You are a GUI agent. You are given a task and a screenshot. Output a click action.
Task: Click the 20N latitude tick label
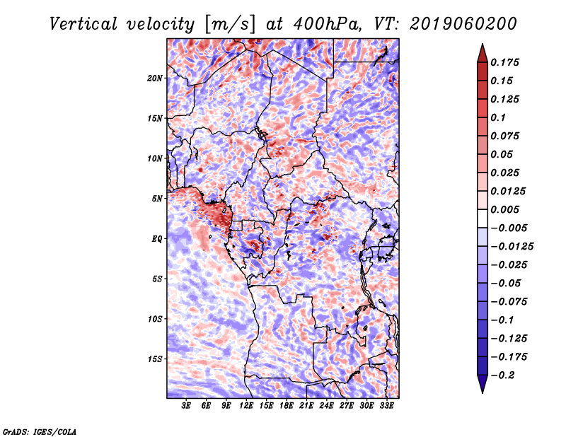tap(155, 78)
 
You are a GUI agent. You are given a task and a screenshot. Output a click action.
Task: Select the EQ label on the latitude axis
tap(157, 239)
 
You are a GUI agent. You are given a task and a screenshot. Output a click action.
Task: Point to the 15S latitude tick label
tap(155, 359)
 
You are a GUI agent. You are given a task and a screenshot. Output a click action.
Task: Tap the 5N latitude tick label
tap(157, 199)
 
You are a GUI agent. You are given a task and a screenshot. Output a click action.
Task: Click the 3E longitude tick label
tap(186, 405)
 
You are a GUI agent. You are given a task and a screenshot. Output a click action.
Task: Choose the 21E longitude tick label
tap(306, 405)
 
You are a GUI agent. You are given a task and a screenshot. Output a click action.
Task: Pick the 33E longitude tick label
tap(386, 405)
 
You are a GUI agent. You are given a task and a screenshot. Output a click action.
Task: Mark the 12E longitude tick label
tap(246, 405)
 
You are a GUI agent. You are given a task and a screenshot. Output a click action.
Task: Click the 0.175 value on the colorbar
tap(504, 62)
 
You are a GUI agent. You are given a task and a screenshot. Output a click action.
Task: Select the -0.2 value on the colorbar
tap(502, 375)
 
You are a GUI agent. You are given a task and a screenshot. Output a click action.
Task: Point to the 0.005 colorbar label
tap(504, 209)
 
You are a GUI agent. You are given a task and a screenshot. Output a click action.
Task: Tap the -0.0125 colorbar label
tap(512, 247)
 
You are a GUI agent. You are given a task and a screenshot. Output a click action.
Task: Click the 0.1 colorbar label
tap(498, 117)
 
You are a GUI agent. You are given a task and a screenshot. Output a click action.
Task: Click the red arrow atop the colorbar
tap(483, 54)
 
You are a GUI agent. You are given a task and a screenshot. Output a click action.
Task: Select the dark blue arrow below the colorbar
tap(483, 384)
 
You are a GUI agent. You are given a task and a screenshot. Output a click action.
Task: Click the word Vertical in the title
tap(83, 24)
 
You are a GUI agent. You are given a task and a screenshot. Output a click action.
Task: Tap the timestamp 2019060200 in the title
tap(463, 24)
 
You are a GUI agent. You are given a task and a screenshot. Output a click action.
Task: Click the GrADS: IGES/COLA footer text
tap(40, 432)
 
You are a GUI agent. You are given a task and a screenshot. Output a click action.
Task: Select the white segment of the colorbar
tap(483, 218)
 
